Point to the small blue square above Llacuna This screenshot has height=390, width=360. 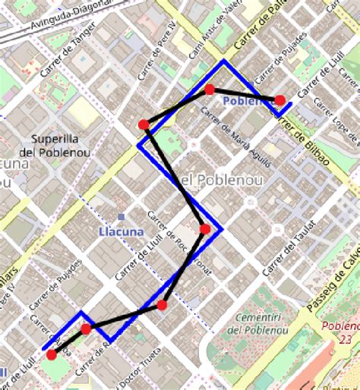pyautogui.click(x=122, y=218)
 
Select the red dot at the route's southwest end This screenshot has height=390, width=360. pyautogui.click(x=51, y=354)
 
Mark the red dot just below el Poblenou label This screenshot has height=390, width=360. pyautogui.click(x=204, y=228)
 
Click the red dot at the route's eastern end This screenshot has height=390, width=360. pyautogui.click(x=279, y=99)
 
